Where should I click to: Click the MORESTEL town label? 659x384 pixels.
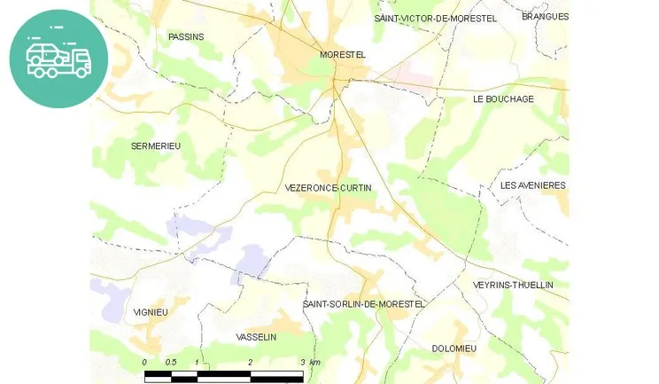pyautogui.click(x=343, y=55)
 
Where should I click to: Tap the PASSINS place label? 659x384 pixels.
pyautogui.click(x=186, y=36)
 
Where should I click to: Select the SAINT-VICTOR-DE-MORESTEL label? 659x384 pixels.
pyautogui.click(x=435, y=18)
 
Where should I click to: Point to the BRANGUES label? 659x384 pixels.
pyautogui.click(x=545, y=16)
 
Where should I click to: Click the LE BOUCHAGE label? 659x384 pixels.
pyautogui.click(x=503, y=99)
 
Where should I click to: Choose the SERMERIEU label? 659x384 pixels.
pyautogui.click(x=156, y=145)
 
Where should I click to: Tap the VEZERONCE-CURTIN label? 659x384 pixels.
pyautogui.click(x=329, y=188)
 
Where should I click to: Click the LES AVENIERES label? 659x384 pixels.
pyautogui.click(x=532, y=185)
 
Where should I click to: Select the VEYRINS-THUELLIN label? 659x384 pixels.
pyautogui.click(x=513, y=285)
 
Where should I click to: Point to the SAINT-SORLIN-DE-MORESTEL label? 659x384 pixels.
pyautogui.click(x=364, y=304)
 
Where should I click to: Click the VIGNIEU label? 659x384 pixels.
pyautogui.click(x=150, y=312)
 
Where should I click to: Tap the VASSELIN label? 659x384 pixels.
pyautogui.click(x=257, y=337)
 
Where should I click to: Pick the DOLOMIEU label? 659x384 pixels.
pyautogui.click(x=454, y=349)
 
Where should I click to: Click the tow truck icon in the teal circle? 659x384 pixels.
pyautogui.click(x=58, y=59)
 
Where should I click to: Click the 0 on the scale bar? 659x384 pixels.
pyautogui.click(x=145, y=363)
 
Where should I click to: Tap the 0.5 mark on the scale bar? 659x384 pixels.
pyautogui.click(x=171, y=363)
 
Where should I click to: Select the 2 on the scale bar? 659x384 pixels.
pyautogui.click(x=251, y=363)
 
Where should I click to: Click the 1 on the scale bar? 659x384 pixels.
pyautogui.click(x=198, y=363)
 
